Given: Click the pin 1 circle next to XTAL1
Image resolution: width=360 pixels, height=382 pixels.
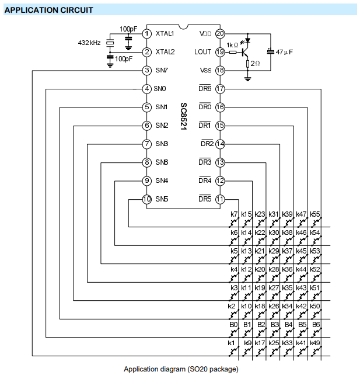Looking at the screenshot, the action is click(x=147, y=34).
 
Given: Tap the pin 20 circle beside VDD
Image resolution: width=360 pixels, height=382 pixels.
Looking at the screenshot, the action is click(x=220, y=34).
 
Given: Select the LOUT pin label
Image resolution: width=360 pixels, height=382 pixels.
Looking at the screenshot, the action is click(x=202, y=52).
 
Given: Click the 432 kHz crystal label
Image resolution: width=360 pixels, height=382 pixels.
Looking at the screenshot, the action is click(x=89, y=43).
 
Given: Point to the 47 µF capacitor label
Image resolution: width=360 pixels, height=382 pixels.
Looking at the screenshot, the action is click(x=284, y=52).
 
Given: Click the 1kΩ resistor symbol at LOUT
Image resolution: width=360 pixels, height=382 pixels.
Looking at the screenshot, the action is click(x=233, y=52).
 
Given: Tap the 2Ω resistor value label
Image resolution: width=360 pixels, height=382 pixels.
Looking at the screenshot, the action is click(x=256, y=64).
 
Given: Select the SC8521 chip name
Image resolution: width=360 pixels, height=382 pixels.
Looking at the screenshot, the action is click(x=184, y=116).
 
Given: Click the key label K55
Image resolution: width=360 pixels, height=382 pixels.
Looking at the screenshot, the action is click(x=315, y=214).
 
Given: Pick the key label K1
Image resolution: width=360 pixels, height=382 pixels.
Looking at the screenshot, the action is click(x=231, y=343).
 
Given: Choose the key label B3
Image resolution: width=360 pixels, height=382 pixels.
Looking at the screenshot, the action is click(x=275, y=325).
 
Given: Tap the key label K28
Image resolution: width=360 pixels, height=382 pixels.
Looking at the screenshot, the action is click(x=274, y=269).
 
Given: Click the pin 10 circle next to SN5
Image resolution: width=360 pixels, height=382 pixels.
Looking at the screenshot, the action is click(x=147, y=199).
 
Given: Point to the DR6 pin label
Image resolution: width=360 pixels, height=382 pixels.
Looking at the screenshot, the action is click(x=205, y=88).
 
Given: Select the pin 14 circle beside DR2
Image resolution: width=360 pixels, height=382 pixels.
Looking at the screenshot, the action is click(x=220, y=144).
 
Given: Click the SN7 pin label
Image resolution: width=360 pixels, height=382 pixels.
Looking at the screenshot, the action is click(x=162, y=71).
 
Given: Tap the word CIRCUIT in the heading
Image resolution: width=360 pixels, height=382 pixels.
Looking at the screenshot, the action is click(x=76, y=11).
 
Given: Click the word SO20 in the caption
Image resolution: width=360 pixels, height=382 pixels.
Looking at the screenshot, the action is click(x=197, y=369).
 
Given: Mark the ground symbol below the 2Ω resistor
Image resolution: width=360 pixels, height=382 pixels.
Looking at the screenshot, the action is click(x=248, y=79).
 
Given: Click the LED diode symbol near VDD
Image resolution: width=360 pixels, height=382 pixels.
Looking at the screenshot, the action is click(x=248, y=40).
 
